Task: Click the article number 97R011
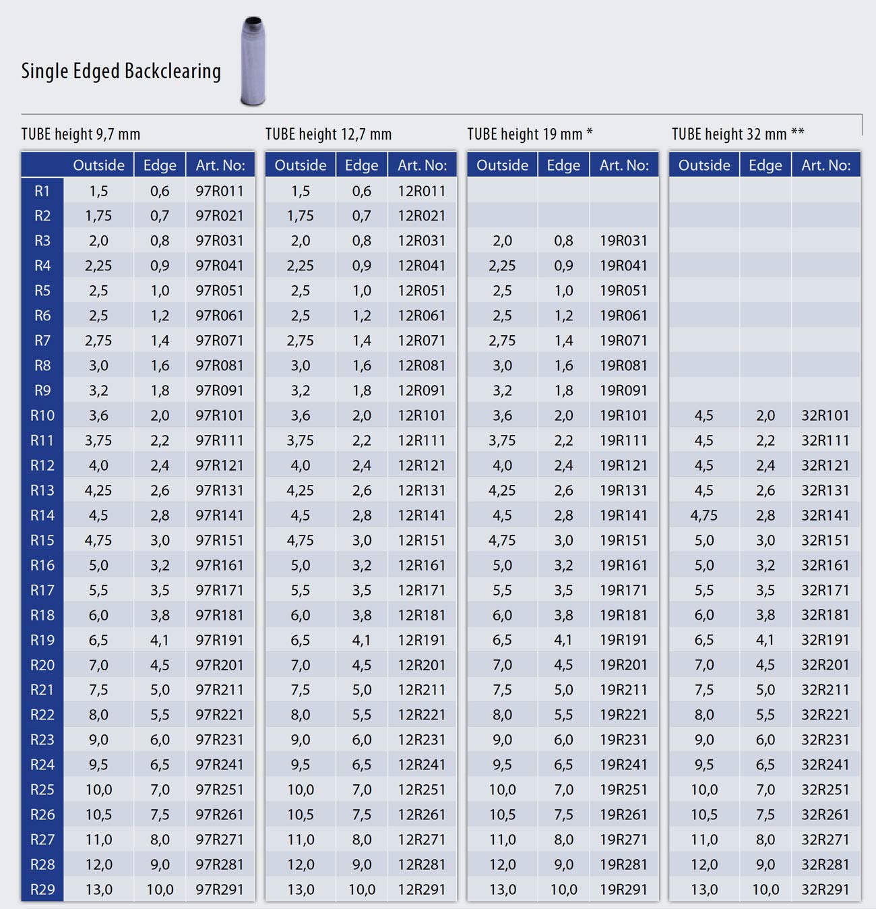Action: coord(220,191)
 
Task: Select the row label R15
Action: coord(42,540)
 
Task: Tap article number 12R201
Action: coord(421,665)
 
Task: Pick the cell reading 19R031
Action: coord(623,241)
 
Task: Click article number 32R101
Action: coord(825,415)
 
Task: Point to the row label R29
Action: coord(42,889)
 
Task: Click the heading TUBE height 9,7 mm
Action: coord(81,134)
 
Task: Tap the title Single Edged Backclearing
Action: coord(121,71)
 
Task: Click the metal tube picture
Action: coord(253,61)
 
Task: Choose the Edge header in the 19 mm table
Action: coord(563,165)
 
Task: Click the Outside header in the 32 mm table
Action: coord(704,165)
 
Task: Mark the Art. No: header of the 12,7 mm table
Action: coord(423,165)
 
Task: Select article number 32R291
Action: coord(825,889)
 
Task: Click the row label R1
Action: coord(42,191)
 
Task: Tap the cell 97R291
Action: coord(220,889)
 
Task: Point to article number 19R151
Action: coord(623,540)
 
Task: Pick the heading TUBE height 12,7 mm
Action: coord(328,134)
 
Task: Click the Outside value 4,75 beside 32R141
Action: coord(704,515)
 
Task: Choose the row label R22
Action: coord(42,715)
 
